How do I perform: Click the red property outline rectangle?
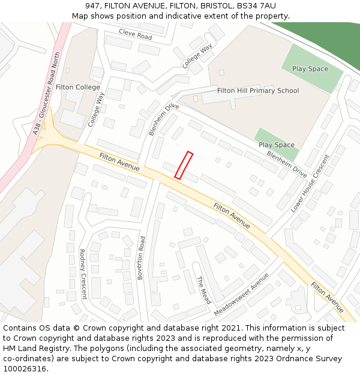point(184,165)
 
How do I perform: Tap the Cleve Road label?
point(135,34)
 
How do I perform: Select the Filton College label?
point(78,87)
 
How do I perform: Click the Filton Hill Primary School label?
point(258,91)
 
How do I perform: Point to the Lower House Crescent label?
point(310,183)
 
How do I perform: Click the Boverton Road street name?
point(142,257)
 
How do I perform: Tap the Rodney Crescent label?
point(83,274)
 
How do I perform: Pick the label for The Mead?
point(204,290)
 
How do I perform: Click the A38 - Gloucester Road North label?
point(49,94)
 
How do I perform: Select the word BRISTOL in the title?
point(214,6)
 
